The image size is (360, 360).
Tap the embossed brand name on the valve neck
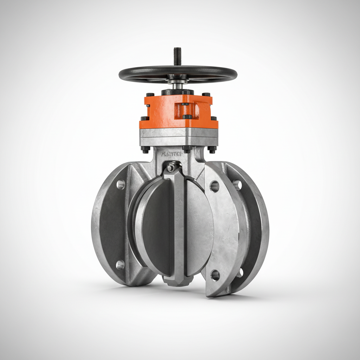coord(171,154)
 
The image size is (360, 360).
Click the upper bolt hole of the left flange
coord(121,185)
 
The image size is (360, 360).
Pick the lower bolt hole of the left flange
coord(120,265)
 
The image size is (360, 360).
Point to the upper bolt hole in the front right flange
coord(214,186)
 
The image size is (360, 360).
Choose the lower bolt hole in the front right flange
coord(215,275)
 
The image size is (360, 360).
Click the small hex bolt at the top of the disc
coord(171,168)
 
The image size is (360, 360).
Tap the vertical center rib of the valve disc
coord(179,225)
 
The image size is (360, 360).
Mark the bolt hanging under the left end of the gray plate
coord(145,149)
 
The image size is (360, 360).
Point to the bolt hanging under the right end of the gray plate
coord(212,149)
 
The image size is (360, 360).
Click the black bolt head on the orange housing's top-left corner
coord(150,95)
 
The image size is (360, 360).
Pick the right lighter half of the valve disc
coord(199,229)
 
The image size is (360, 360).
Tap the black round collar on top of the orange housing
coord(177,92)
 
